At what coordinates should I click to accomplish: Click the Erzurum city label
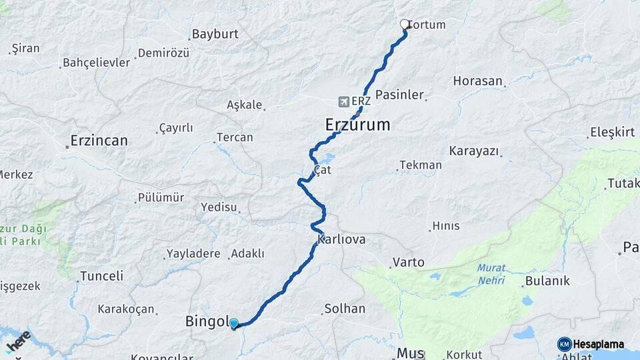click(x=357, y=125)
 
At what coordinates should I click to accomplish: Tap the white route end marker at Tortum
click(x=404, y=25)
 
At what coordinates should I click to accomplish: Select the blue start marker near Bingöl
click(x=234, y=324)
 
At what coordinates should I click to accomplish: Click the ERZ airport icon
click(x=343, y=102)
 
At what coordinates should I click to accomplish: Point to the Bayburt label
click(x=214, y=34)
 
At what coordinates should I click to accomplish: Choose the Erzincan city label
click(x=99, y=141)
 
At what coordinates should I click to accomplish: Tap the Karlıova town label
click(x=341, y=239)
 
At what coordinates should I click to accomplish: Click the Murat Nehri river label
click(x=491, y=274)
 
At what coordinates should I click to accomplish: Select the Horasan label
click(x=477, y=81)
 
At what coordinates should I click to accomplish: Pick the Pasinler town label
click(x=399, y=95)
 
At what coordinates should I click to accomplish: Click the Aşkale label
click(x=244, y=105)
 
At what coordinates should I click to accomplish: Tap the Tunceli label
click(x=101, y=275)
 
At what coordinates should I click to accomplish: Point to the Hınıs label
click(x=445, y=226)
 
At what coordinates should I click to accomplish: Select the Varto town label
click(x=408, y=262)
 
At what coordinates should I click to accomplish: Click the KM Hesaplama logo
click(x=591, y=344)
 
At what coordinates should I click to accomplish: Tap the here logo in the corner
click(x=19, y=341)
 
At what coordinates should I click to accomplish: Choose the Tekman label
click(x=420, y=165)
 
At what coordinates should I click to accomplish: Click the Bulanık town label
click(x=547, y=281)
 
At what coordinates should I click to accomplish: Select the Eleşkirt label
click(x=612, y=132)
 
